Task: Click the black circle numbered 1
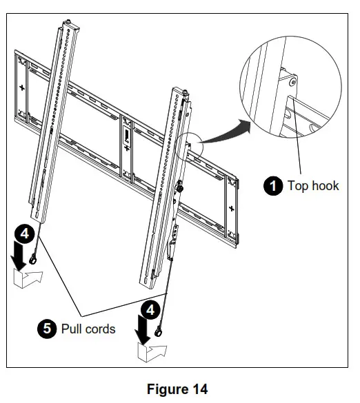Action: (274, 186)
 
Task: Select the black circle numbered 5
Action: (47, 329)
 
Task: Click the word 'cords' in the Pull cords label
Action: (100, 329)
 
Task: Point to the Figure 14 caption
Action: (177, 389)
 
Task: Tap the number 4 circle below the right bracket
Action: (150, 305)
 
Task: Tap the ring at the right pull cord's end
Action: (161, 333)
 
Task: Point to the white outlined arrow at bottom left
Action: (28, 279)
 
